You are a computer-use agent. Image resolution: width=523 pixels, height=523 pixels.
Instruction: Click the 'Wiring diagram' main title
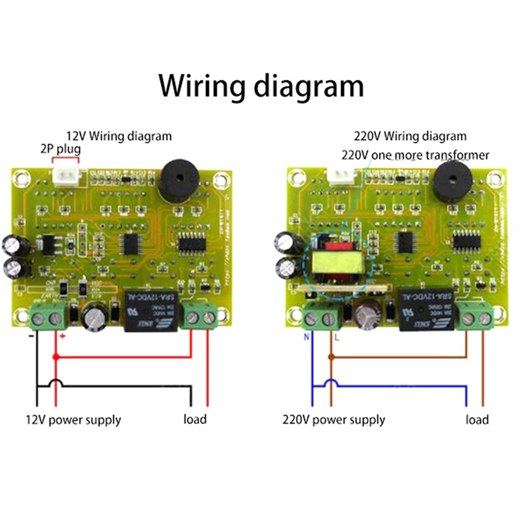point(261,85)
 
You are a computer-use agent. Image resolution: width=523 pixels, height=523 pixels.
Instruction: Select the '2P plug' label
point(60,149)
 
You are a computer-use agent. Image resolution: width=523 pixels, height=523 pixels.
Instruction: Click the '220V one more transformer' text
point(415,155)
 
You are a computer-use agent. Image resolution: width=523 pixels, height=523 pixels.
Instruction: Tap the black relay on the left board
point(146,310)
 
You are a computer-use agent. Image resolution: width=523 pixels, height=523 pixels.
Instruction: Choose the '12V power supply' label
point(73,420)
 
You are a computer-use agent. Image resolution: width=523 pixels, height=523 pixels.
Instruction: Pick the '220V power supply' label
point(333,420)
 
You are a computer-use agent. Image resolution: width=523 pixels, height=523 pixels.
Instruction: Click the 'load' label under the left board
point(194,419)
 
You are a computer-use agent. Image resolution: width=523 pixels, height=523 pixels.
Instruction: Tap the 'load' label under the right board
point(477,419)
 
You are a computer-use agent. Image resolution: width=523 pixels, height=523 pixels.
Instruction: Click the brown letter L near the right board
point(337,339)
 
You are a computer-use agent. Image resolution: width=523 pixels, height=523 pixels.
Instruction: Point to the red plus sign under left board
point(62,336)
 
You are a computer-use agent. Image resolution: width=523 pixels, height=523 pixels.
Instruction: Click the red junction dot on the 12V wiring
point(55,357)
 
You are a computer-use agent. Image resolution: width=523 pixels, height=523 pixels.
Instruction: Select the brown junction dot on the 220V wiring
point(331,357)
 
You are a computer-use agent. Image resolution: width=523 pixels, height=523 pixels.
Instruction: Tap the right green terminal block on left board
point(200,316)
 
